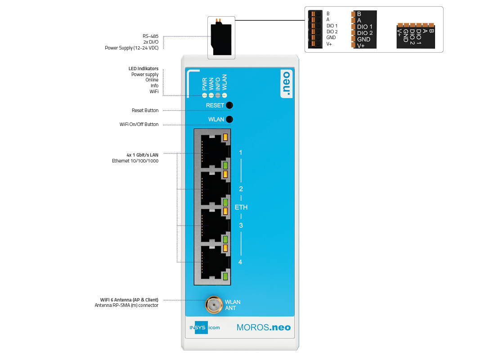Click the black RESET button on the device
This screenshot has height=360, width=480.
(229, 105)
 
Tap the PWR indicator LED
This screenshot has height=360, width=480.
(205, 95)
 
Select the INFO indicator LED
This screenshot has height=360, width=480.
(218, 95)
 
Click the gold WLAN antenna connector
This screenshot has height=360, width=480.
(214, 305)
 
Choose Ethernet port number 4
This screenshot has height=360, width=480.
(212, 263)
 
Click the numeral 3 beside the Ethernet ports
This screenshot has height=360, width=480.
(241, 225)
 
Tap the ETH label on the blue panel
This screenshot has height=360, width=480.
(241, 207)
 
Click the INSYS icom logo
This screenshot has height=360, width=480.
(205, 328)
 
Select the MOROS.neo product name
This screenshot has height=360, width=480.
(264, 327)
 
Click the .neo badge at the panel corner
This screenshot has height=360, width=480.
(287, 84)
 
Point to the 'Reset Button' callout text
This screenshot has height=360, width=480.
(145, 110)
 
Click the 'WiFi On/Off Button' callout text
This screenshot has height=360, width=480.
(139, 124)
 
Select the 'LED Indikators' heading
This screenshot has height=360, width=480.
(144, 68)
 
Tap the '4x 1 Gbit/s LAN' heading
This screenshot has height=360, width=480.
(143, 155)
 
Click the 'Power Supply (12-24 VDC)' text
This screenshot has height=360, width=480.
(132, 48)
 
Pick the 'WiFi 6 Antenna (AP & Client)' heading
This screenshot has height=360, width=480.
(129, 300)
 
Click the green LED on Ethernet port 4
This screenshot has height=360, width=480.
(225, 276)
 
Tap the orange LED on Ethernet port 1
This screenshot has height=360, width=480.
(225, 137)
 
